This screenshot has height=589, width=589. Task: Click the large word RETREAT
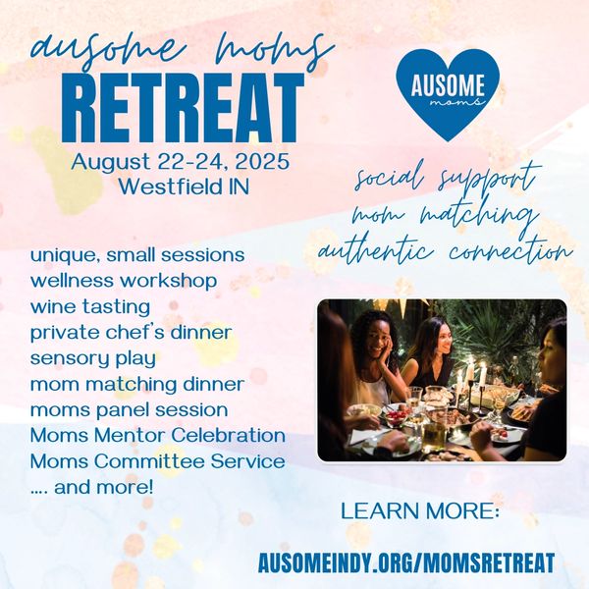[183, 108]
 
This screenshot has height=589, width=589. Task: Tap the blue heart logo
[448, 94]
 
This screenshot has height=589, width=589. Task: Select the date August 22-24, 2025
[181, 162]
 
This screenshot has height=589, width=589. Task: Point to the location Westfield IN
[185, 187]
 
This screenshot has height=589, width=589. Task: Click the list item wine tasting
[90, 306]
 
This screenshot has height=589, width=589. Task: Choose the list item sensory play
[93, 358]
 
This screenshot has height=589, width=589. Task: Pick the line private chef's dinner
[131, 333]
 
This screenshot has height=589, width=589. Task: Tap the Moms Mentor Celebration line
[158, 435]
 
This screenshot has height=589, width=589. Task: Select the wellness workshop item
[124, 281]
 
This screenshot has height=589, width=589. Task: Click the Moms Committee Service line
[157, 461]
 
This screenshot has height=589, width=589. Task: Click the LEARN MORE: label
[420, 511]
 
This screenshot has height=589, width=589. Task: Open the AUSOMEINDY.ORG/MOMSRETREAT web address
[406, 562]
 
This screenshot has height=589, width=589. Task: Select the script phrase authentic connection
[445, 249]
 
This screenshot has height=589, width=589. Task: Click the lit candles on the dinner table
[470, 376]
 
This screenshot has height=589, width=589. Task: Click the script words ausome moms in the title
[183, 51]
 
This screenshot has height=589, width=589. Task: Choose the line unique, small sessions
[137, 255]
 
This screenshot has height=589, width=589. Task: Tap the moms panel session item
[129, 409]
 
